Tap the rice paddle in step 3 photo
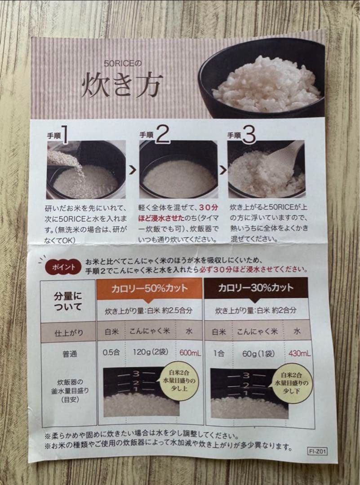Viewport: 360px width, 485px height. (285, 155)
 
